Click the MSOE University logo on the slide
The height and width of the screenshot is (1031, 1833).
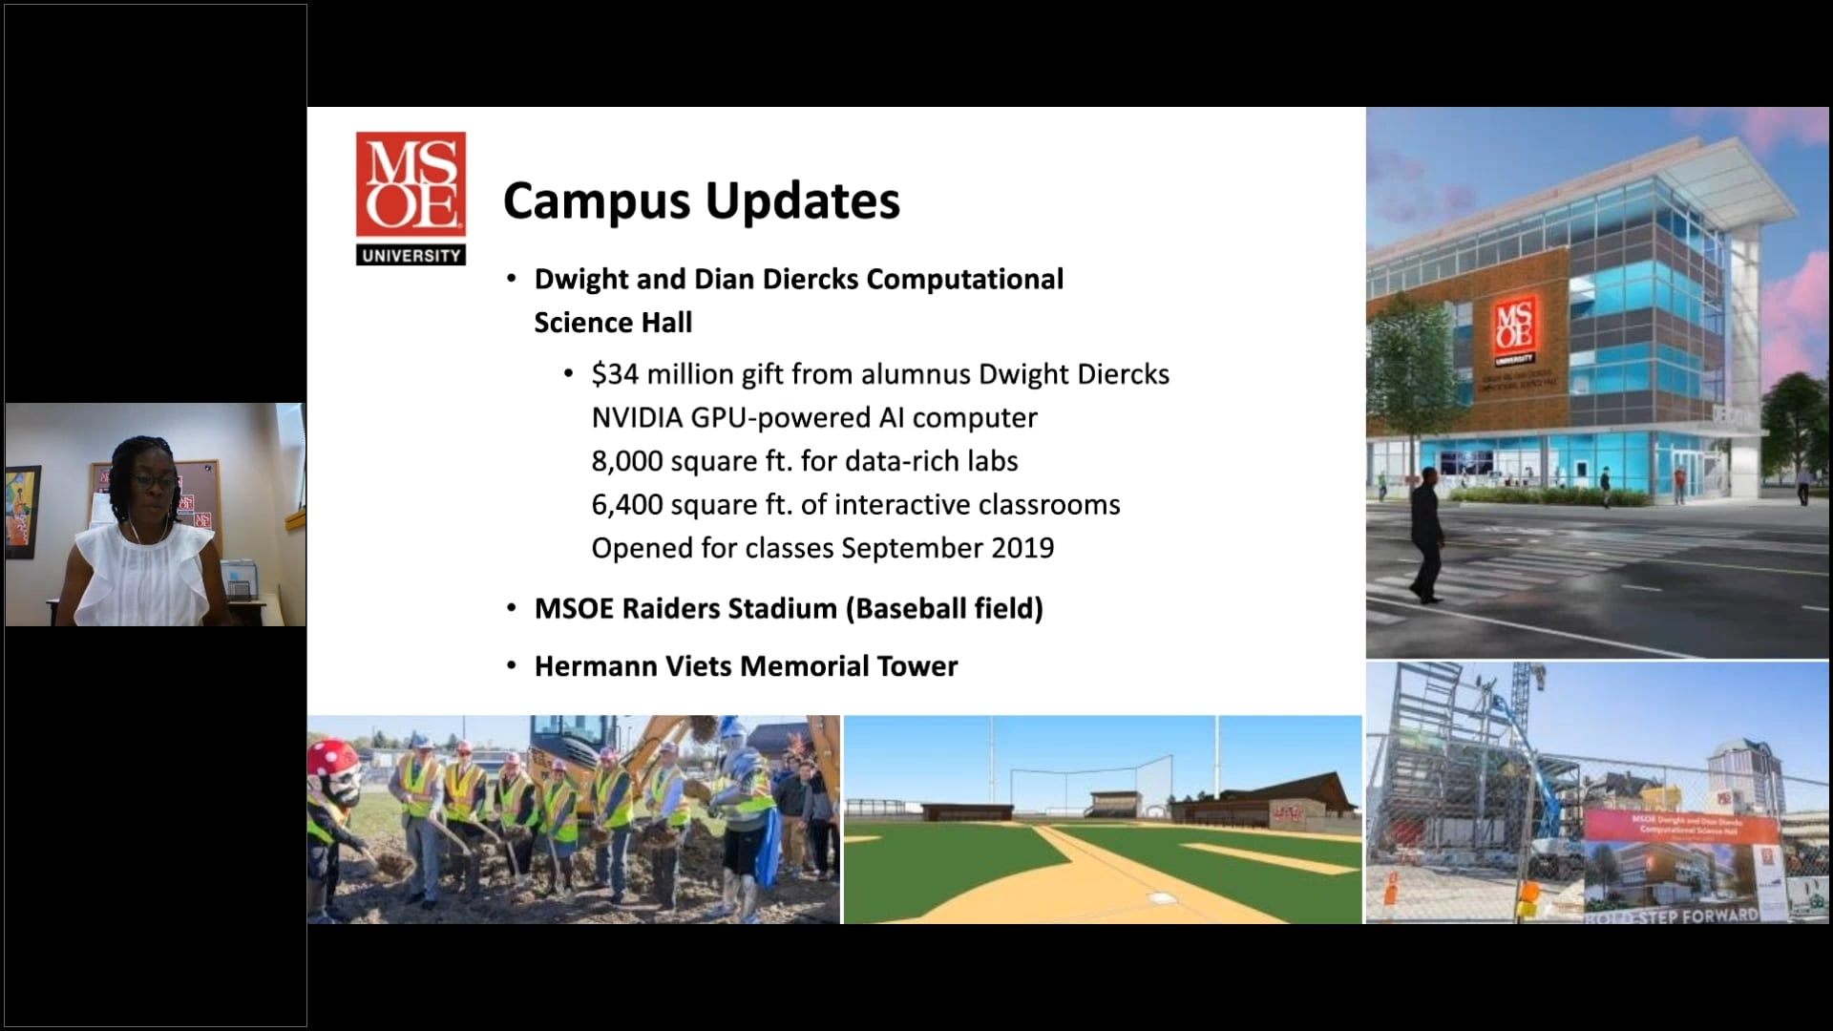(411, 198)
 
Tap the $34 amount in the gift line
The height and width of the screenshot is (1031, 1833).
(615, 374)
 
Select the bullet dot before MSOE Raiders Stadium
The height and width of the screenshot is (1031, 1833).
(513, 609)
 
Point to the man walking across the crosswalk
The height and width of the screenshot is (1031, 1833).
(1425, 536)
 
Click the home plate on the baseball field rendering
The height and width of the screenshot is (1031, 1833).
(1161, 898)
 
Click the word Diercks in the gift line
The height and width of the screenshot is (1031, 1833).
(1123, 374)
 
